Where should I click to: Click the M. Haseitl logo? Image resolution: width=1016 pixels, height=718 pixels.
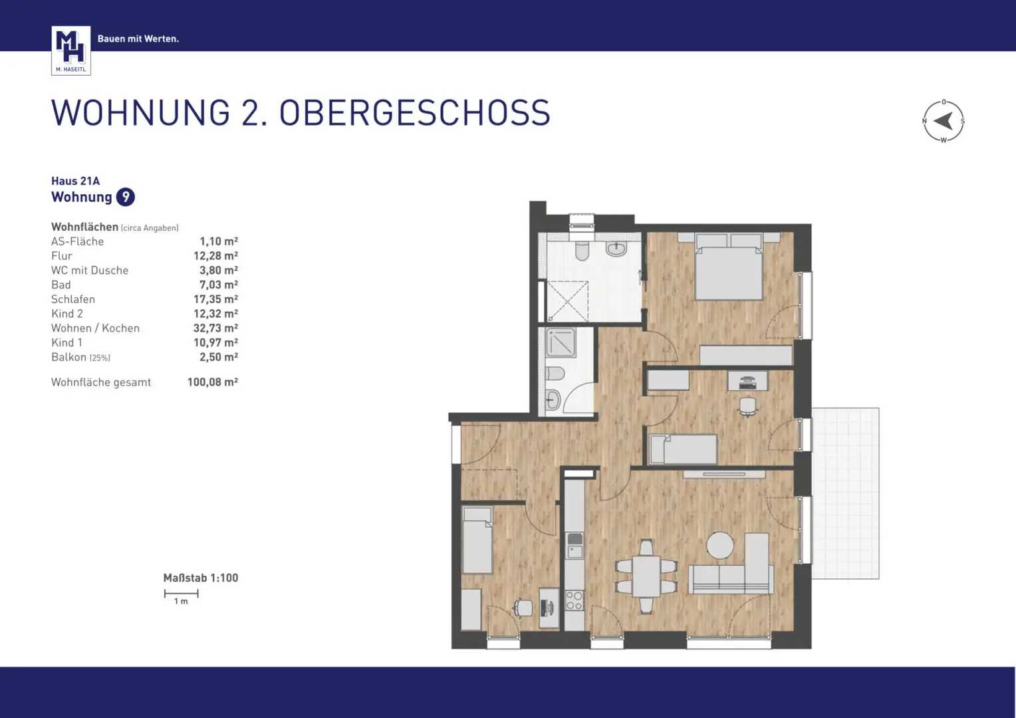[70, 50]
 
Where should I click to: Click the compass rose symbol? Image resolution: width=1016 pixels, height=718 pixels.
[943, 121]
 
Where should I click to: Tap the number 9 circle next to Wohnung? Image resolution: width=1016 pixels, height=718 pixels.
[125, 197]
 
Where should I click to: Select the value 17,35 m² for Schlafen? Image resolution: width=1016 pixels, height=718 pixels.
[215, 299]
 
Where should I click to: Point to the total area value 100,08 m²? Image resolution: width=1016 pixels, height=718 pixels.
[212, 382]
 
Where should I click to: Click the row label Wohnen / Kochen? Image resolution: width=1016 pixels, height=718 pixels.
[95, 328]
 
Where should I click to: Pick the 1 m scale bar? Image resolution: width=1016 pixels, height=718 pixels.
[181, 594]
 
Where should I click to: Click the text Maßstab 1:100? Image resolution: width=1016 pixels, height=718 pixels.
[200, 578]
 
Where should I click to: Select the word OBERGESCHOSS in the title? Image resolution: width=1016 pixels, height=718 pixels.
[414, 113]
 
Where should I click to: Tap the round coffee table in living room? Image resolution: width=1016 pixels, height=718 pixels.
[719, 546]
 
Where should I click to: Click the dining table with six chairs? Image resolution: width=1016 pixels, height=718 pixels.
[646, 576]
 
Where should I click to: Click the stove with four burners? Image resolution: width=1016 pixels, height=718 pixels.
[574, 600]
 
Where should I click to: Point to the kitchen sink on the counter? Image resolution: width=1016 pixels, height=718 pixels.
[574, 545]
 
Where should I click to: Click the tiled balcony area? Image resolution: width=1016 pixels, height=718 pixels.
[845, 493]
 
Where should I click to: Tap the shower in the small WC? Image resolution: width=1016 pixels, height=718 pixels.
[561, 343]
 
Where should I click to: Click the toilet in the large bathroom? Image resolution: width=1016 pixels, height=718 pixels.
[582, 252]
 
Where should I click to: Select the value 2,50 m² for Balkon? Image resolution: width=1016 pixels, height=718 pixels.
[218, 357]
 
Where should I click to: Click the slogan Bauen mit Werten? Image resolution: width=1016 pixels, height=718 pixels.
[138, 39]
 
